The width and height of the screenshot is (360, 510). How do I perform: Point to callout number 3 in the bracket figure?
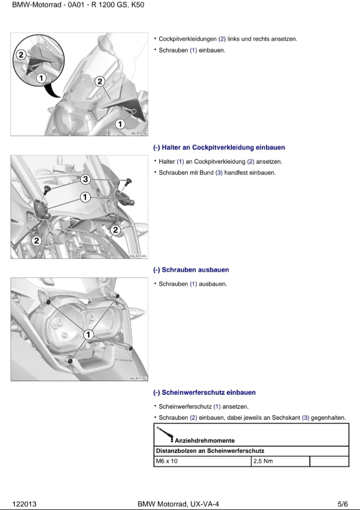coord(86,179)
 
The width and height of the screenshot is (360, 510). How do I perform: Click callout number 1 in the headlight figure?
coord(88,334)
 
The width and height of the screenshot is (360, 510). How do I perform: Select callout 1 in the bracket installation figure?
coord(86,197)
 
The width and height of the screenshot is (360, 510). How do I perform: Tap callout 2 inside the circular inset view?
coord(21,55)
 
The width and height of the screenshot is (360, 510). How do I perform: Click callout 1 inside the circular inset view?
coord(41,78)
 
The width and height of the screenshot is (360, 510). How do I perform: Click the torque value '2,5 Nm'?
coord(263,461)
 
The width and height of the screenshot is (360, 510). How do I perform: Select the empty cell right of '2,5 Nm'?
coord(329,461)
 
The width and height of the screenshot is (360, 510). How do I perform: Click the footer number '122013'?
coord(24,504)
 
